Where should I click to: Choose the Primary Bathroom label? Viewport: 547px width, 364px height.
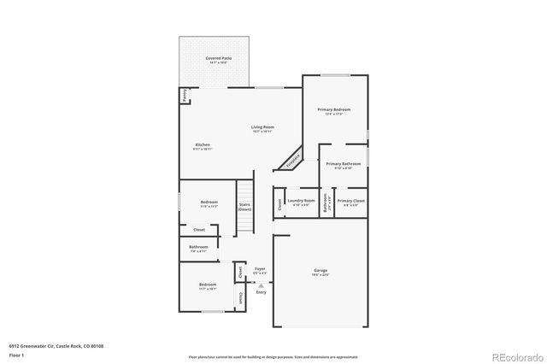(343, 165)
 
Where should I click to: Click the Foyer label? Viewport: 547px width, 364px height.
(260, 270)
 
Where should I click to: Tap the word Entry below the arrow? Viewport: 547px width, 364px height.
(261, 292)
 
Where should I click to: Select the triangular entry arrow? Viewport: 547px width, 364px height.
(261, 285)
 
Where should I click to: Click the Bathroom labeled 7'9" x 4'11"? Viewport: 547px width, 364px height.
(198, 249)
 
